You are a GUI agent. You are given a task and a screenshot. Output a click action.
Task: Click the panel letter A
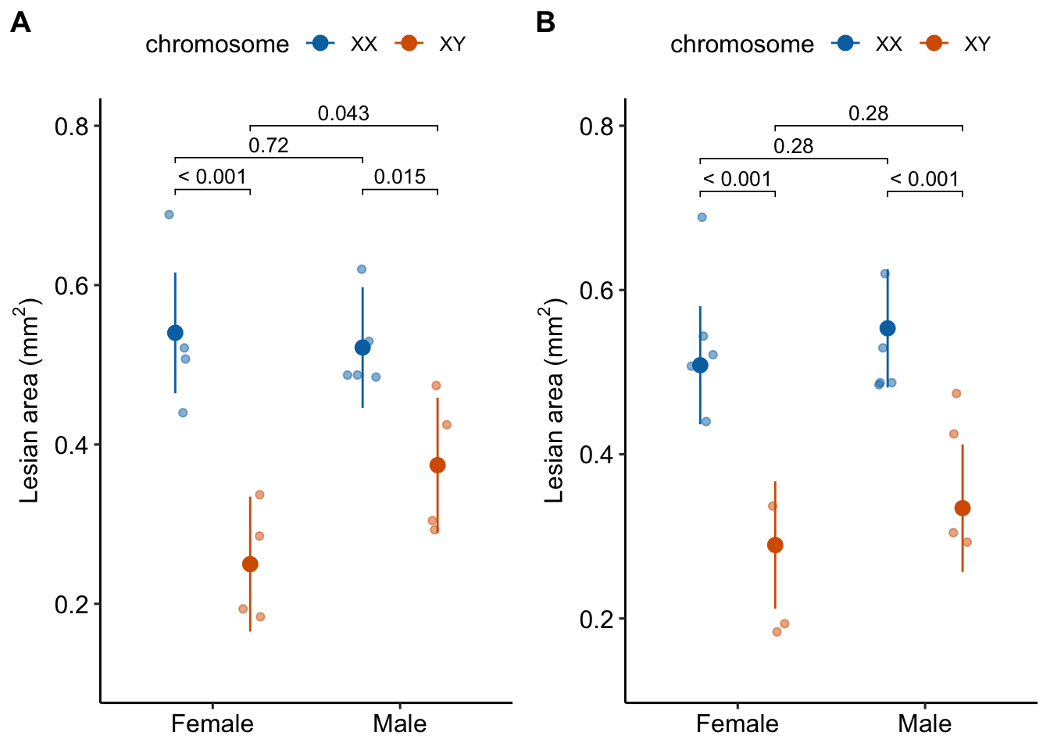click(21, 23)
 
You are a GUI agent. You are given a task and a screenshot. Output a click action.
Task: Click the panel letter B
click(545, 23)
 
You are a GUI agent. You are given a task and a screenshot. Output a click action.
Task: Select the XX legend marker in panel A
click(320, 44)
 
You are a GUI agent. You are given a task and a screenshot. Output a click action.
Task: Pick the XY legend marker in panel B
click(933, 44)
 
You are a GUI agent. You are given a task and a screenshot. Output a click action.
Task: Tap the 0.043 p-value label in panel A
click(343, 113)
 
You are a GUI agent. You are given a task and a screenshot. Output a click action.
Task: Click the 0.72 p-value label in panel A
click(268, 145)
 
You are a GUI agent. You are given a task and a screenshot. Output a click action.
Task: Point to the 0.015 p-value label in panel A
click(399, 177)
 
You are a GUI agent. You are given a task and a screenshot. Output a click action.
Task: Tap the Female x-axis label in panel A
click(212, 723)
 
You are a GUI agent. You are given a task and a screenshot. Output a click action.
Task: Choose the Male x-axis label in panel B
click(924, 723)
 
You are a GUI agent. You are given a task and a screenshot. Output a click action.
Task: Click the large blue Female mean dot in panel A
click(175, 334)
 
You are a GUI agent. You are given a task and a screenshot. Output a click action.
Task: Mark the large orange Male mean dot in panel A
click(437, 465)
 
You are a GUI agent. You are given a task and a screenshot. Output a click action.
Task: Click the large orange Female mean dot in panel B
click(775, 545)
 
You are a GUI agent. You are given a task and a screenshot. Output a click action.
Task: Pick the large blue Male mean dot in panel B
click(887, 328)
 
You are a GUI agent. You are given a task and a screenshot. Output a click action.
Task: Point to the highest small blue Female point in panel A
click(169, 214)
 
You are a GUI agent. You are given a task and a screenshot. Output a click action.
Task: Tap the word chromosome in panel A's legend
click(217, 45)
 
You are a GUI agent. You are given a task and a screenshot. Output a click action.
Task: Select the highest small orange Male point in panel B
click(956, 393)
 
